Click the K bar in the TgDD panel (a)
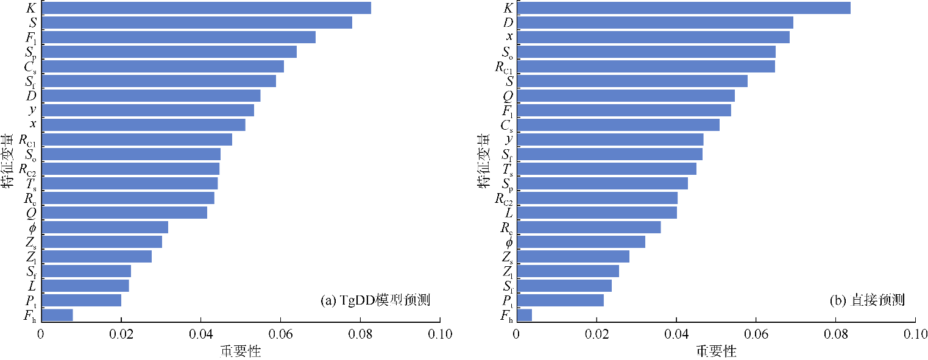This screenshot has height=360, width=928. coord(206,8)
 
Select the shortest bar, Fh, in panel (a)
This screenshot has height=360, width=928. coord(57,315)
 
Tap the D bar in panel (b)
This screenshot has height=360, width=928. coord(654,23)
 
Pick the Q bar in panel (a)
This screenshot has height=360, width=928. coord(124,213)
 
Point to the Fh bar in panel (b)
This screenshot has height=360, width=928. coord(523,315)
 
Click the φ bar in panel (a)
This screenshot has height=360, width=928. coord(105,227)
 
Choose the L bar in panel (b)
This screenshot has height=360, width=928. coord(596,213)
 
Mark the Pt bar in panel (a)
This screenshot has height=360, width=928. coord(81,300)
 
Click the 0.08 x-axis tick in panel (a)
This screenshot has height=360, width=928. coord(360,334)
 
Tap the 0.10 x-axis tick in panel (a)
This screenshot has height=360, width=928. coord(439,334)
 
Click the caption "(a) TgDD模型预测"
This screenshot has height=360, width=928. coord(375,300)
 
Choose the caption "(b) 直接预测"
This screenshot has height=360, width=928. coord(867,300)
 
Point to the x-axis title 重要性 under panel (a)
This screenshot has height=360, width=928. coord(240,351)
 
